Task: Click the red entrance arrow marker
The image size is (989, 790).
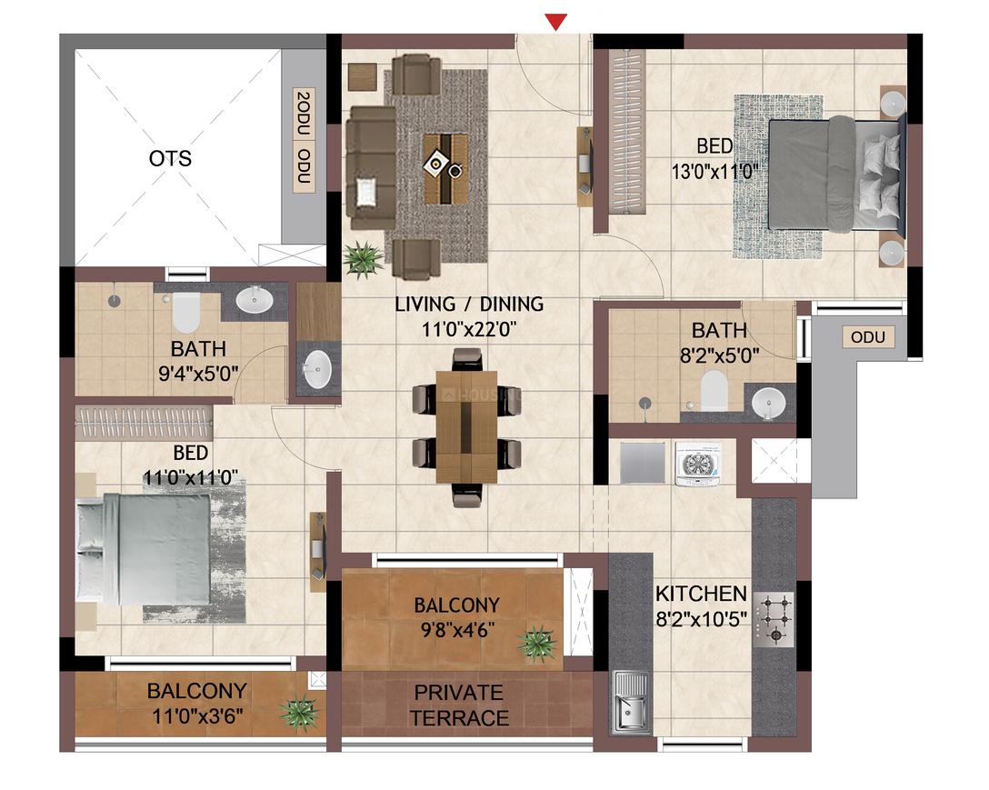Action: (555, 23)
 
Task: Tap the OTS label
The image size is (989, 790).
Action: (170, 158)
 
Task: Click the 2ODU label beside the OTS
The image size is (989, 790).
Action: (304, 115)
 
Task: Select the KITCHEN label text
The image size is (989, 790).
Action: (701, 594)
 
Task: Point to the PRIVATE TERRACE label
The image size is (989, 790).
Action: (458, 705)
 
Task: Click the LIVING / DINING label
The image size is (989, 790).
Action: (469, 305)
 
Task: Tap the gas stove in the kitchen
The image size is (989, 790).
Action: (774, 619)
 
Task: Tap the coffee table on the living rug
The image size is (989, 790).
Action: (446, 168)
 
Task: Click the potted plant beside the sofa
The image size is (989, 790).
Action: (364, 259)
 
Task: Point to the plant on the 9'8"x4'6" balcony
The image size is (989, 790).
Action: (537, 643)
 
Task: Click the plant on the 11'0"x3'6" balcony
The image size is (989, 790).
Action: (298, 714)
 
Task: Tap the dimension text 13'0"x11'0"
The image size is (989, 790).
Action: (714, 171)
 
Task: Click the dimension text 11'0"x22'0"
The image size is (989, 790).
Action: (469, 329)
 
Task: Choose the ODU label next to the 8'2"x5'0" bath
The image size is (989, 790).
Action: (868, 337)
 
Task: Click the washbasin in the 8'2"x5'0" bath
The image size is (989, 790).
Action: (768, 402)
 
